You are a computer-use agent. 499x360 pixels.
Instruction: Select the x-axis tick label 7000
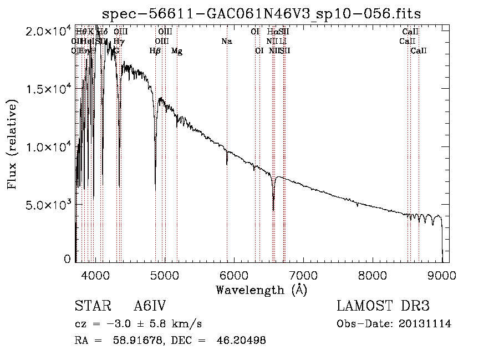[x=303, y=275]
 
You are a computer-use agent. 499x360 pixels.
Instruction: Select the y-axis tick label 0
[x=67, y=259]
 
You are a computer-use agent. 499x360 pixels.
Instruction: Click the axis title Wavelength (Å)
[x=261, y=290]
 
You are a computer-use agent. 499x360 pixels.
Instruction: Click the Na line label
[x=226, y=42]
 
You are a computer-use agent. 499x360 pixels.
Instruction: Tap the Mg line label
[x=177, y=52]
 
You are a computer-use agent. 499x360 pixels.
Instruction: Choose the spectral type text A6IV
[x=150, y=306]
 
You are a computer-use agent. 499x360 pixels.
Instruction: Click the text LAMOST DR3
[x=383, y=306]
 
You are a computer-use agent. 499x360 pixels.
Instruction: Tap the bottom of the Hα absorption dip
[x=273, y=210]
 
